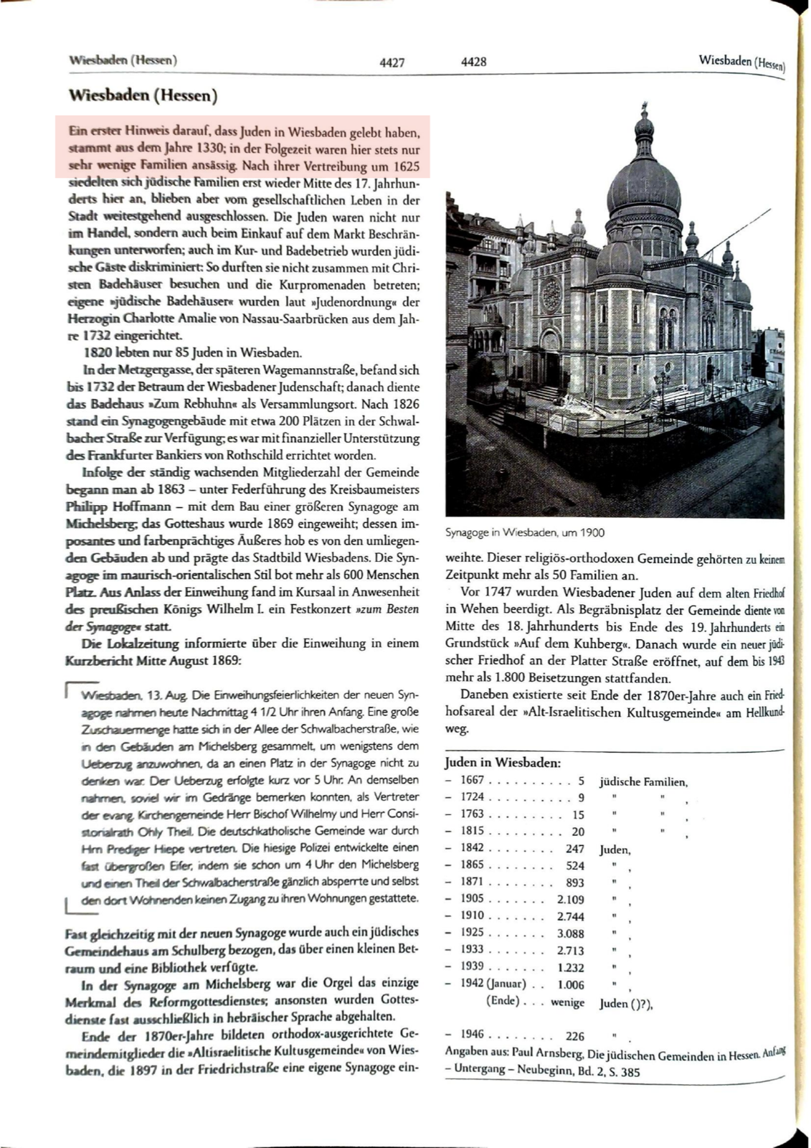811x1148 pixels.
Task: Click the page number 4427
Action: (x=392, y=62)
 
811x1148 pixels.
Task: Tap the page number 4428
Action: (x=474, y=62)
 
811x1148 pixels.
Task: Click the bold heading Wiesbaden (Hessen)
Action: (x=143, y=95)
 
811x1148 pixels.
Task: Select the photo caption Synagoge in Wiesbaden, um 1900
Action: (x=525, y=532)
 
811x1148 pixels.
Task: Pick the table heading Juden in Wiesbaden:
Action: (x=503, y=763)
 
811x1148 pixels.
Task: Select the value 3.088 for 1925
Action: (x=571, y=933)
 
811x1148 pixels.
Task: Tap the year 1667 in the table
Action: (x=472, y=781)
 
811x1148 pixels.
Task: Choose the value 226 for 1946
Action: (x=574, y=1036)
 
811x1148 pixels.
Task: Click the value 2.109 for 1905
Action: (x=571, y=900)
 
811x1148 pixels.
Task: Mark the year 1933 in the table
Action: (x=472, y=950)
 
